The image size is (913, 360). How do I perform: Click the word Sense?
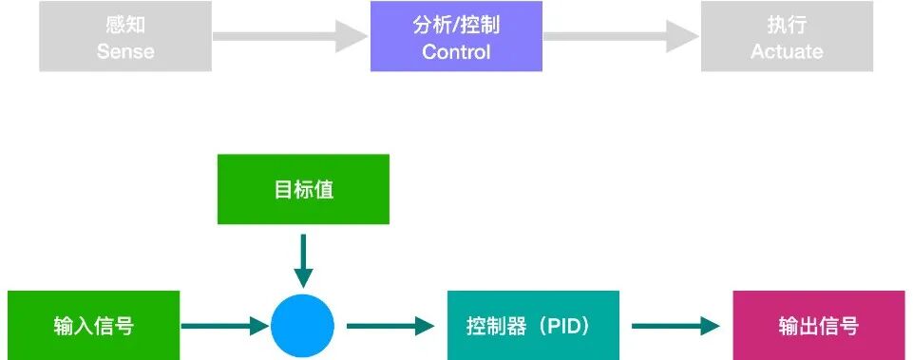click(124, 51)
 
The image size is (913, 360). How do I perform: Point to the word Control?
click(456, 51)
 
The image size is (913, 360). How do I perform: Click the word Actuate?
click(787, 51)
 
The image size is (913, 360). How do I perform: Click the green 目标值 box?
click(303, 189)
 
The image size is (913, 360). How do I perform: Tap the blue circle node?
click(303, 327)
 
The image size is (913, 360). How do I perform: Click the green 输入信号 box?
click(93, 326)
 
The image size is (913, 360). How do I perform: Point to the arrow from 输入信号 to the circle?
click(224, 327)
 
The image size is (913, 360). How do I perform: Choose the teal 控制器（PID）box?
click(533, 326)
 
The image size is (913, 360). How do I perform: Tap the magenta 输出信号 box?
click(818, 326)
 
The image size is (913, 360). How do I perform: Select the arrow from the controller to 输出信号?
click(675, 327)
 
